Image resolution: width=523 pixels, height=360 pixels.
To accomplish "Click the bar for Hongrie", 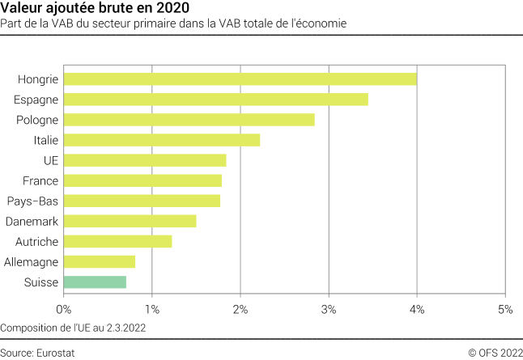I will [x=240, y=78].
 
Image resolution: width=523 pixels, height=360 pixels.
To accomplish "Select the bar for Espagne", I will [x=215, y=99].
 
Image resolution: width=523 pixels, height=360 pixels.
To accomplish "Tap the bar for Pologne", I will [x=189, y=120].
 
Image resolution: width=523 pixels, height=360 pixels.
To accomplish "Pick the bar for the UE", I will [x=144, y=160].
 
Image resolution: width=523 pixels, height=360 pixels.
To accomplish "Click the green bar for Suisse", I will [x=95, y=282].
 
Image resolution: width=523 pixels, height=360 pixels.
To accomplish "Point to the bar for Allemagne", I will [x=99, y=261].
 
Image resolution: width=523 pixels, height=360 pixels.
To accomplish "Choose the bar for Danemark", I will [x=130, y=221].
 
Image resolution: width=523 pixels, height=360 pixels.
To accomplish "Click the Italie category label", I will [x=45, y=140].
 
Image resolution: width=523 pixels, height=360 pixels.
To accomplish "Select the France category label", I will [x=40, y=180].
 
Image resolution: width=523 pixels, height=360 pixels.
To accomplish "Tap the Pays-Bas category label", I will [x=32, y=201].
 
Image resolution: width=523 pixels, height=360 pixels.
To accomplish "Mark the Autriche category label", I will [x=36, y=241].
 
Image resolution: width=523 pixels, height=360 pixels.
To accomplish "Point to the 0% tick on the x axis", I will [x=63, y=308].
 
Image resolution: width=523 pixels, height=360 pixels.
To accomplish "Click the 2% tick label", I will [x=240, y=308].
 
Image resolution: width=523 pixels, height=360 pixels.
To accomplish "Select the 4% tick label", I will [x=416, y=308].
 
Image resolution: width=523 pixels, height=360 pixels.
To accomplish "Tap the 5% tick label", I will [x=504, y=308].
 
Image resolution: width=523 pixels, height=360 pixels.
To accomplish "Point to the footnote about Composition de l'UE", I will [x=74, y=328].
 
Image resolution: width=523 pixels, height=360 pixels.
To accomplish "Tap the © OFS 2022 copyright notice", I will [x=495, y=352].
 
